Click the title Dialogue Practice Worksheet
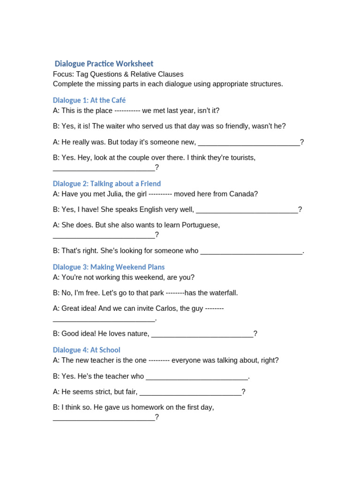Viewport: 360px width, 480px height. click(x=104, y=64)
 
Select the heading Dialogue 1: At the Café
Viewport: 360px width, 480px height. click(x=89, y=100)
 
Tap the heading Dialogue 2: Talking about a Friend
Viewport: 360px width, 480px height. click(x=107, y=184)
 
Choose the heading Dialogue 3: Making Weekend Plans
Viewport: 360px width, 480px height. click(x=109, y=267)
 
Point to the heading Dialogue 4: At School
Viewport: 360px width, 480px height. click(x=87, y=350)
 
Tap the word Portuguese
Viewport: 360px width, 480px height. click(x=200, y=225)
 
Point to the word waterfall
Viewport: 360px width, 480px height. click(x=221, y=293)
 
